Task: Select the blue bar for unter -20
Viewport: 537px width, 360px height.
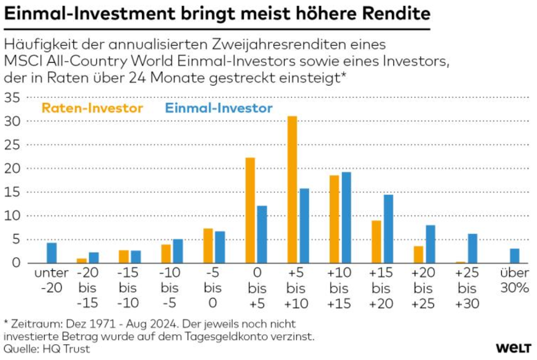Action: [52, 253]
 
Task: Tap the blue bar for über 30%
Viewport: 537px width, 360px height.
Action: [514, 255]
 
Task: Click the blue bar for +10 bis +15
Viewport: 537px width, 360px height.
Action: [346, 217]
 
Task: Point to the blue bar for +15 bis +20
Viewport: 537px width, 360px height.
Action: [388, 229]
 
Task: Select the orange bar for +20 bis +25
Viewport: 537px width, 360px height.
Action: [418, 255]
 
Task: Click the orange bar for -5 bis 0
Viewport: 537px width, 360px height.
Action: [208, 246]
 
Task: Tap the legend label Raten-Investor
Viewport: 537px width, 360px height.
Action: [92, 109]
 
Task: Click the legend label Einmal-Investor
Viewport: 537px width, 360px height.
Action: [218, 109]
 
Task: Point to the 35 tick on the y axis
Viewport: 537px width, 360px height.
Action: [13, 98]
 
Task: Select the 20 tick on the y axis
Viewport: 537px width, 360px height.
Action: [13, 169]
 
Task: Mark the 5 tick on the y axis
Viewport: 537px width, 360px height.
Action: [16, 240]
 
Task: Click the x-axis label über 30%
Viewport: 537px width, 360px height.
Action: [514, 280]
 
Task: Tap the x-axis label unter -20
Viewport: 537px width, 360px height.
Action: [52, 280]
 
